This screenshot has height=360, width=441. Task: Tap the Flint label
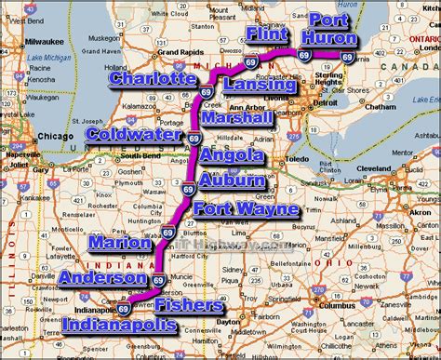pyautogui.click(x=269, y=33)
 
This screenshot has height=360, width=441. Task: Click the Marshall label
pyautogui.click(x=236, y=118)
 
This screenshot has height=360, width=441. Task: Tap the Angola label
pyautogui.click(x=227, y=156)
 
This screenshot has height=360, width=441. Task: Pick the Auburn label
pyautogui.click(x=232, y=180)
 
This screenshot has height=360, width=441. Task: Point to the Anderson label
pyautogui.click(x=102, y=277)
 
